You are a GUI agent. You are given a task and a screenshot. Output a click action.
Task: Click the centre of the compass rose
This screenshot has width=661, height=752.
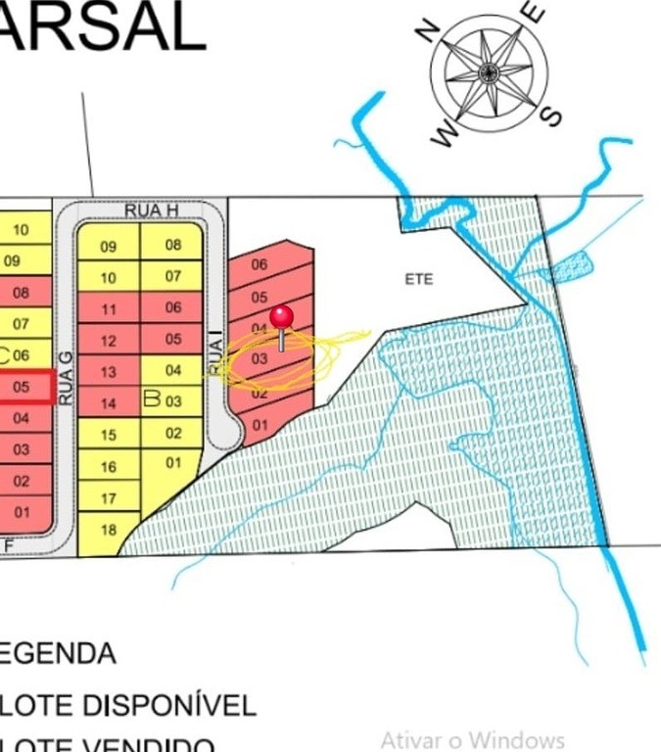pos(489,71)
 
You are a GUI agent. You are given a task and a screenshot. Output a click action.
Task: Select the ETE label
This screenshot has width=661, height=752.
pos(418,279)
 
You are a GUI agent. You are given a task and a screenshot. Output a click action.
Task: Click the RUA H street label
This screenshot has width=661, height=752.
pos(151,211)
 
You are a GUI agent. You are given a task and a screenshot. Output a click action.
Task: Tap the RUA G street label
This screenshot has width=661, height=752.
pos(66,378)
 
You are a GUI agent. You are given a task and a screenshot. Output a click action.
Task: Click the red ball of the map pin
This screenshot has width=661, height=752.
pos(282,316)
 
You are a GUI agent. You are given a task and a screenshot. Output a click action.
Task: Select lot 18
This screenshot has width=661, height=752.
pos(108,530)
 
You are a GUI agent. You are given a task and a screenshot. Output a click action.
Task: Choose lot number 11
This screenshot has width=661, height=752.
pos(109,309)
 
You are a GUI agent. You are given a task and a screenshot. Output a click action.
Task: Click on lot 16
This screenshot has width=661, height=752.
pos(108,467)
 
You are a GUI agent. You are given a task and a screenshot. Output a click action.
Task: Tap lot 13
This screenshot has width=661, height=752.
pos(109,372)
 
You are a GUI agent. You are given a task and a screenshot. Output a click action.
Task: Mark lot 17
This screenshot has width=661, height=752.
pos(108,498)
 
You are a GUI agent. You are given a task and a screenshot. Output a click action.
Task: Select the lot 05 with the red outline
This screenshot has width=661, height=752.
pos(22,387)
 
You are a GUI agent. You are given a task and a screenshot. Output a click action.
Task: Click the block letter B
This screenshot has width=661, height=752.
pos(151,399)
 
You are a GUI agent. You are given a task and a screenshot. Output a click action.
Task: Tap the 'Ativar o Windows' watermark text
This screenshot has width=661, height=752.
pos(472,739)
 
